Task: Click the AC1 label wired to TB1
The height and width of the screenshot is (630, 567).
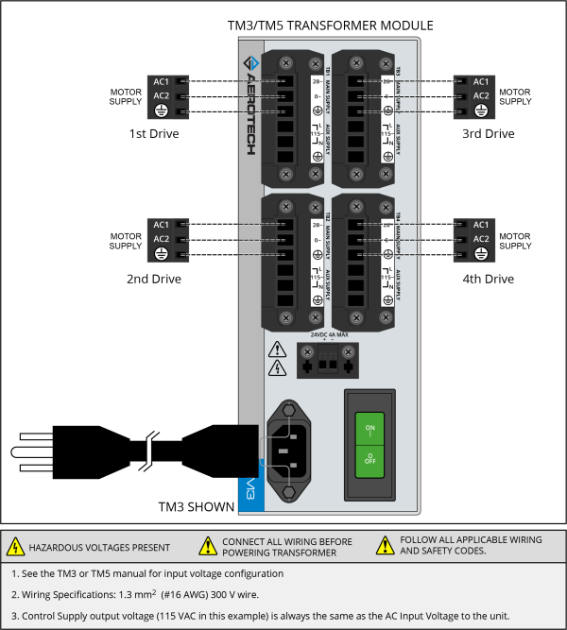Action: [161, 81]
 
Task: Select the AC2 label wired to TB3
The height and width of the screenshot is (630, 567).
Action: [481, 95]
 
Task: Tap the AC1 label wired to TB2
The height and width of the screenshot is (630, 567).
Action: [161, 224]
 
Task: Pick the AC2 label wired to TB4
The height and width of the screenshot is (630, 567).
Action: [481, 239]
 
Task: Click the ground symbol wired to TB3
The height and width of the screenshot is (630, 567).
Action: [481, 111]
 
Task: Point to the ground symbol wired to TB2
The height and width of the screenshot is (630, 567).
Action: [161, 255]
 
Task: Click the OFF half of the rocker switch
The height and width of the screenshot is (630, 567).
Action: [369, 461]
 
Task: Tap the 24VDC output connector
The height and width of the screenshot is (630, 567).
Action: [329, 361]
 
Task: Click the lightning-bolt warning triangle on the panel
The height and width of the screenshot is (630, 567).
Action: [278, 368]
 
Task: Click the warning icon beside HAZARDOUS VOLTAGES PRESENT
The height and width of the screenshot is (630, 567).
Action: [15, 547]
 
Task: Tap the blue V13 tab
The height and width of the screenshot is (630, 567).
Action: [249, 490]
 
